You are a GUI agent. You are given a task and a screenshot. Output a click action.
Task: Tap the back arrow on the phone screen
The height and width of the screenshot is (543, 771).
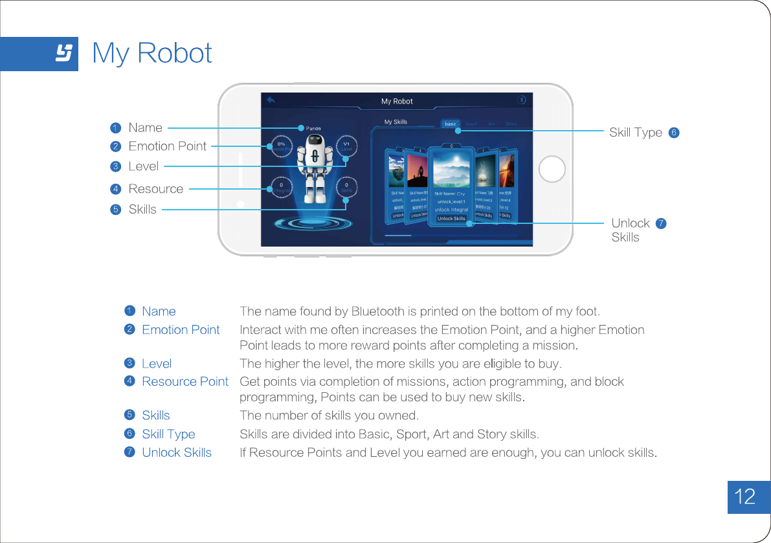271,100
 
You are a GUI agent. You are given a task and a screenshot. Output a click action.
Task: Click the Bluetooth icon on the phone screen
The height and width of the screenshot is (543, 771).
522,100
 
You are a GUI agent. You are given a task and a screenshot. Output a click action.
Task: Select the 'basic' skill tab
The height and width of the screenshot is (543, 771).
451,124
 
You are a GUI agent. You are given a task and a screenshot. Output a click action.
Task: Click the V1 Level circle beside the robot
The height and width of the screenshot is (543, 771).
346,146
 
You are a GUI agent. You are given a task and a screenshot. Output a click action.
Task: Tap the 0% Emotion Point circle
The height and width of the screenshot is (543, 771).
281,146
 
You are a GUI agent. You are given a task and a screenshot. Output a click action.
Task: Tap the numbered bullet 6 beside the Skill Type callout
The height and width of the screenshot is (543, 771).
674,133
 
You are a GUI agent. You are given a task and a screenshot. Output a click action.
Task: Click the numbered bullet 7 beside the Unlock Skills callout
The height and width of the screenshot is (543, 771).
661,223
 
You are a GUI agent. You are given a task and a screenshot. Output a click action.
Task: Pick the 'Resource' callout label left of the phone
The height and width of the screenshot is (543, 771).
155,189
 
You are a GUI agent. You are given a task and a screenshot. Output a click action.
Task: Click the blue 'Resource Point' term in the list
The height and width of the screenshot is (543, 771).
184,381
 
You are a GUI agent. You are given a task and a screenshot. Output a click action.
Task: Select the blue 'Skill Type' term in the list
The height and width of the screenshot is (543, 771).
168,434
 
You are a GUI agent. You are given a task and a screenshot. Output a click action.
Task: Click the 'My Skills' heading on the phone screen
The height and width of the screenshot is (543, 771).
396,122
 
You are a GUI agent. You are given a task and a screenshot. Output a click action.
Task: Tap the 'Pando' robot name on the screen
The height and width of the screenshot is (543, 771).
313,128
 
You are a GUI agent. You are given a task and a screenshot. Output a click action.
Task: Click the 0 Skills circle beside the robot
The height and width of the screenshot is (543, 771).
346,188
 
